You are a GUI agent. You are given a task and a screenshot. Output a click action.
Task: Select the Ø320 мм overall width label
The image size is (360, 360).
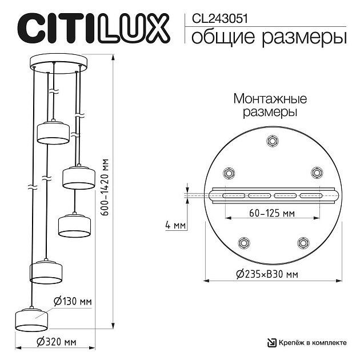[x=56, y=342]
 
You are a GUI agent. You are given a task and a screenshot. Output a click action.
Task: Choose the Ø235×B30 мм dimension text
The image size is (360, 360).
[x=267, y=274]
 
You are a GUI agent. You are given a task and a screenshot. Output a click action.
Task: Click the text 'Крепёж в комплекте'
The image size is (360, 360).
[x=313, y=342]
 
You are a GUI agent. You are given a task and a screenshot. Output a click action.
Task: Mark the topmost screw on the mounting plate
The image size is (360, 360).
[x=273, y=141]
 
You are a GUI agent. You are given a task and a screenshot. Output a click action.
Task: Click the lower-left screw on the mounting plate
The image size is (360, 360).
[x=244, y=243]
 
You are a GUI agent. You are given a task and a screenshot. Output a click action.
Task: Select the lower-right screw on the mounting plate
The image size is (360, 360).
[x=301, y=243]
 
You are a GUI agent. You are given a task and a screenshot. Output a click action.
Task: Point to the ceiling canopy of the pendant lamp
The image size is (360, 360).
[x=56, y=62]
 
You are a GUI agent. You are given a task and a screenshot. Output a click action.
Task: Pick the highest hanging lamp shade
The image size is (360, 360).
[x=53, y=133]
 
